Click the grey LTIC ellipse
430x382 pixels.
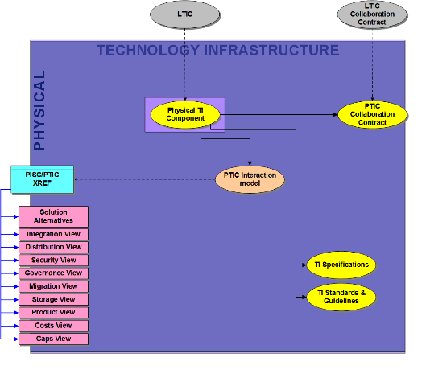185,14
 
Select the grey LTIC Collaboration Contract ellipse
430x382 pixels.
372,14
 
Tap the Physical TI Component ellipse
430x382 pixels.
185,115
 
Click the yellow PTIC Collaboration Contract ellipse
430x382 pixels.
372,114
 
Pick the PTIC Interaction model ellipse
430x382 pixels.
250,179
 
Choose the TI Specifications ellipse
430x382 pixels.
341,265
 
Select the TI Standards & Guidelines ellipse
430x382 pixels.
341,297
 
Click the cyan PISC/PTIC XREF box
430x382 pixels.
42,179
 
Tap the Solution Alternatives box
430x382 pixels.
53,216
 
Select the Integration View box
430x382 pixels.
53,234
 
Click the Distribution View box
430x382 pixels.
53,247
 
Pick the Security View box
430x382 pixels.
53,260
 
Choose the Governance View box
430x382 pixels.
53,273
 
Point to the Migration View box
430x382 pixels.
53,286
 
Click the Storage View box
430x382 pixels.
53,300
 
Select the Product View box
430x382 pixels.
53,313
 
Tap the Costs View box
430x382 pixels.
53,326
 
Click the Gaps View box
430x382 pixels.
53,339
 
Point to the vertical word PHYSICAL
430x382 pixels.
39,111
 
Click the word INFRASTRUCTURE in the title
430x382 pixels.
271,51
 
